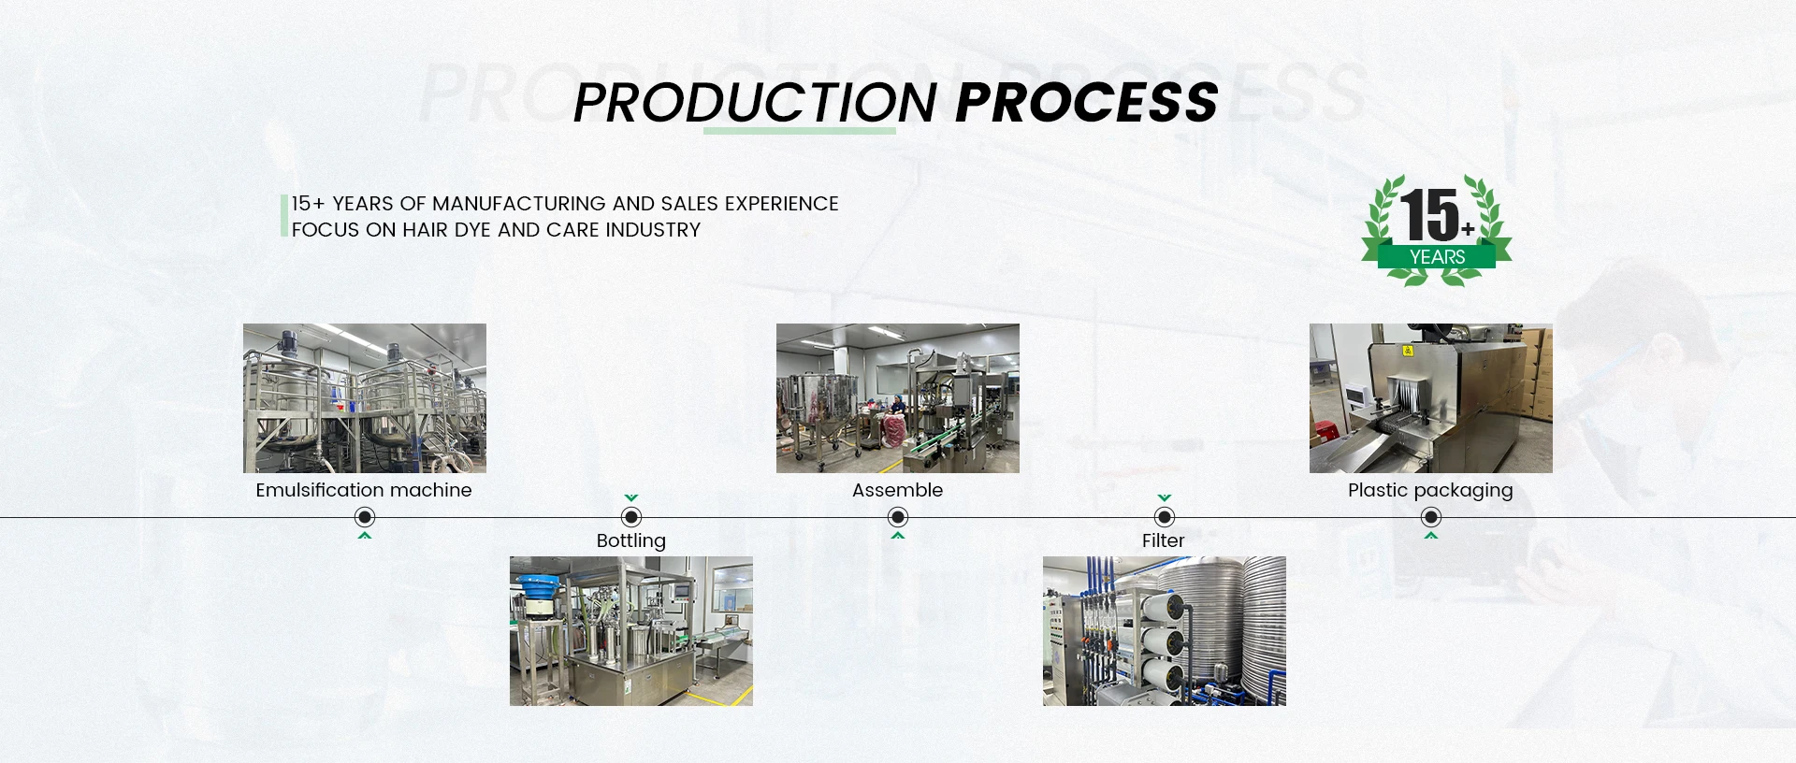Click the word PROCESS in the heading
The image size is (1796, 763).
(x=1087, y=102)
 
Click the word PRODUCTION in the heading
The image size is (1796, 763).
(x=755, y=102)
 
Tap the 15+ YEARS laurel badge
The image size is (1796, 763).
(x=1436, y=230)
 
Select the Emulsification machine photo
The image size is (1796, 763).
(x=365, y=398)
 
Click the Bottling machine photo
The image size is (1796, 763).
(x=631, y=631)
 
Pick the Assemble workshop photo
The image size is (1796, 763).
(x=898, y=398)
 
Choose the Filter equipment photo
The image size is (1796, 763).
(x=1165, y=631)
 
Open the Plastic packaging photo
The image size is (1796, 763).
(x=1431, y=398)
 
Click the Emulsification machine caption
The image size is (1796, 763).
(x=364, y=490)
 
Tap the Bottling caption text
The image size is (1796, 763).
(x=631, y=541)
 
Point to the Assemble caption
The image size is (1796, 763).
(x=898, y=490)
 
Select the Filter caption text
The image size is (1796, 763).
(x=1164, y=540)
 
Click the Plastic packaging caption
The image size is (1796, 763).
(x=1430, y=491)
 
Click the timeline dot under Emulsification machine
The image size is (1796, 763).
(x=365, y=517)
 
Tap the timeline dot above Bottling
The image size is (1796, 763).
(x=631, y=517)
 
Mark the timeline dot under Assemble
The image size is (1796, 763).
(x=898, y=517)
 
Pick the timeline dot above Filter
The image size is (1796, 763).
(x=1165, y=517)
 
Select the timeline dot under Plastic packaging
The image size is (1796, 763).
(x=1431, y=517)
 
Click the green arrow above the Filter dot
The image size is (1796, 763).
(x=1165, y=498)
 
